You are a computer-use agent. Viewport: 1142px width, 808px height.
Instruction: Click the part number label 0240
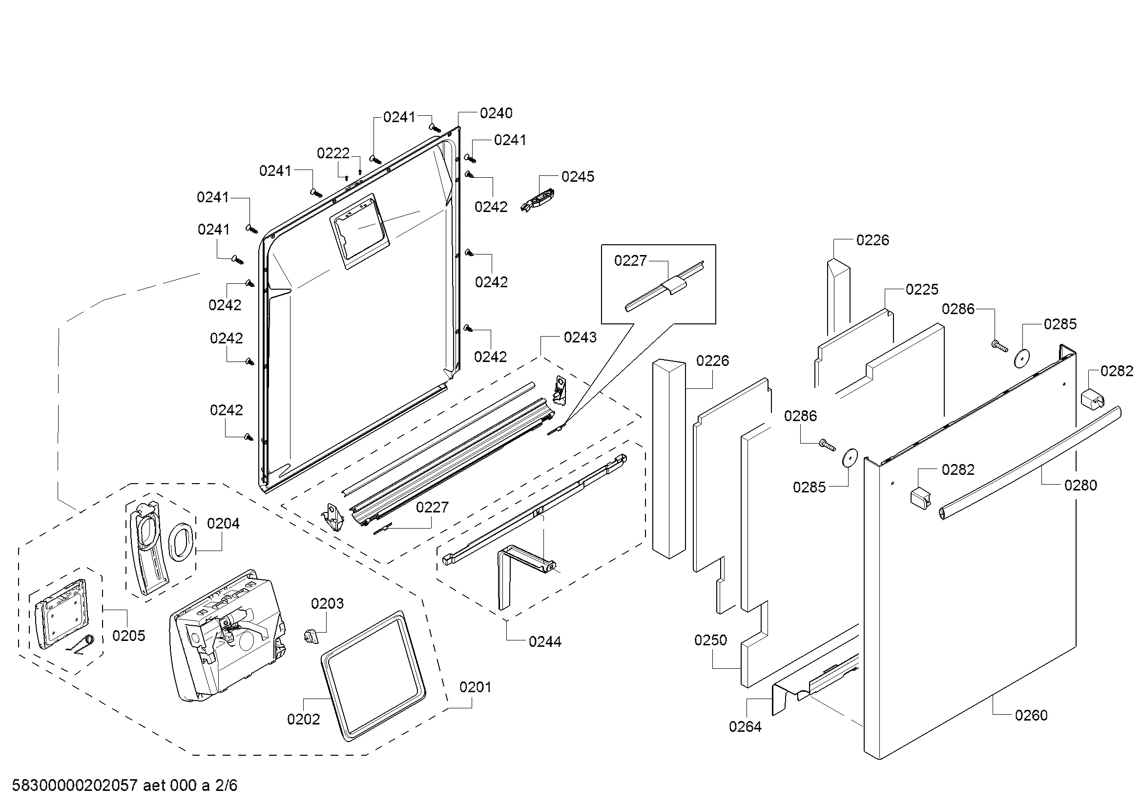(496, 113)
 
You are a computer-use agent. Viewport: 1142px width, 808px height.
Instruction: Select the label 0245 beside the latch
(578, 177)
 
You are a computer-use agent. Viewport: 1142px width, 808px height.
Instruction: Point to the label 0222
(333, 153)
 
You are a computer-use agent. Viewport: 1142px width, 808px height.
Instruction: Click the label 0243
(580, 338)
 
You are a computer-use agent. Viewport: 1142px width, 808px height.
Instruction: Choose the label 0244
(545, 642)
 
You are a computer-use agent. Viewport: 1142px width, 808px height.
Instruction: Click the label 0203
(327, 603)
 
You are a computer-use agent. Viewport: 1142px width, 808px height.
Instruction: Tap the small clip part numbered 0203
(310, 636)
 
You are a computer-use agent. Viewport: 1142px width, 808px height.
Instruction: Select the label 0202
(303, 719)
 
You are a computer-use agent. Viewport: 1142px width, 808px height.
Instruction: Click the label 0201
(475, 687)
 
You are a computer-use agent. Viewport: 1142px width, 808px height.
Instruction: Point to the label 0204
(223, 523)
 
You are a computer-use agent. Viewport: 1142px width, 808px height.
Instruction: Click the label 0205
(128, 636)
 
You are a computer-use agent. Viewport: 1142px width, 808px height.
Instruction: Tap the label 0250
(710, 640)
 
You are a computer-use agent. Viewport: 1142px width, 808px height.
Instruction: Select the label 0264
(745, 727)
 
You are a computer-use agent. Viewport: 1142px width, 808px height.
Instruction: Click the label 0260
(1031, 716)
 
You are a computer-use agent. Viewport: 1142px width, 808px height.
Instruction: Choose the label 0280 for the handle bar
(1080, 485)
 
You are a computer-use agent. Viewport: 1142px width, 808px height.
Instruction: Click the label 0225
(922, 290)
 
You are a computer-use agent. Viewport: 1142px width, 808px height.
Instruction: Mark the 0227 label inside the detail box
(630, 261)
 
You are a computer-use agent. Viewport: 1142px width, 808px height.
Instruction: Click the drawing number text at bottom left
(125, 786)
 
